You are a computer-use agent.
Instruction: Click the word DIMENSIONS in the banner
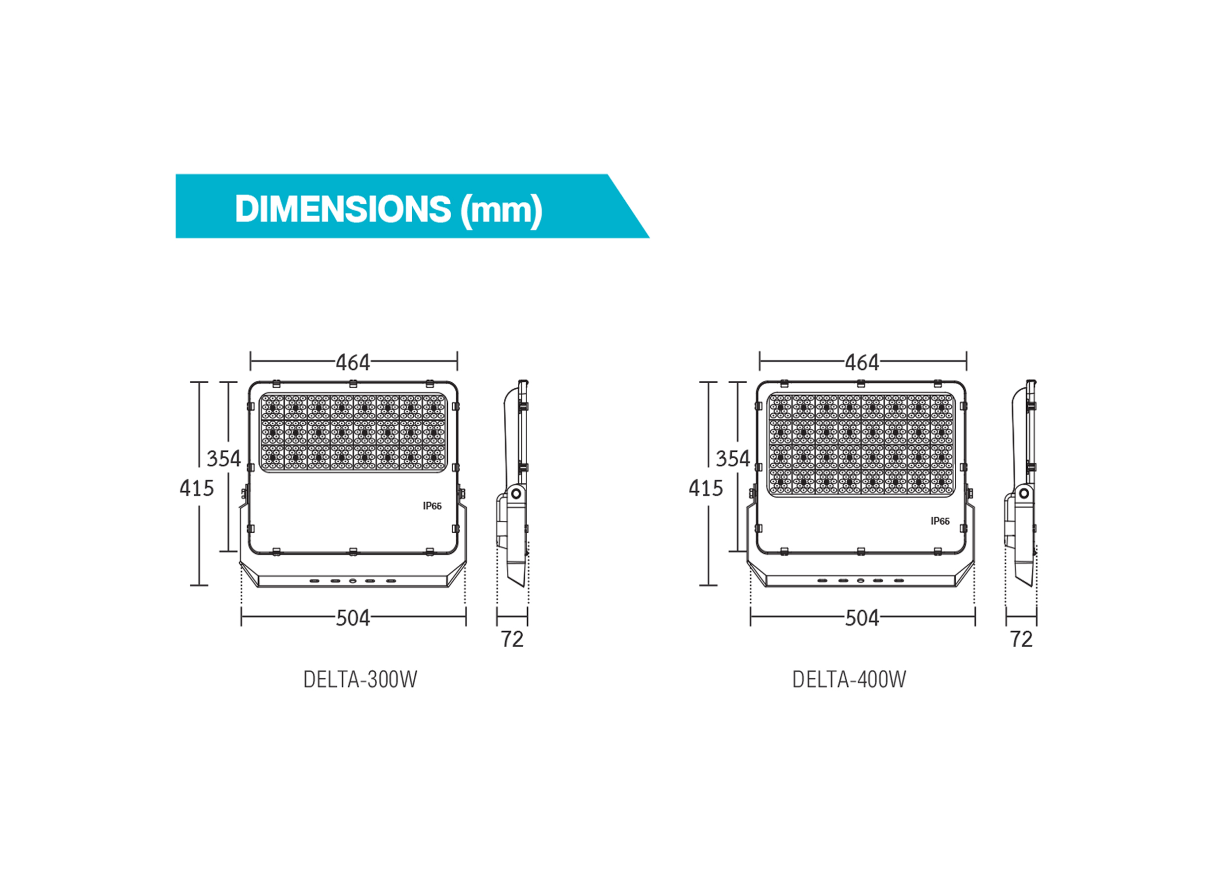342,209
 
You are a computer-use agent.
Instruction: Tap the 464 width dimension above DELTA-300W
353,363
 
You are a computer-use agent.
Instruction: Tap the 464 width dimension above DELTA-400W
862,363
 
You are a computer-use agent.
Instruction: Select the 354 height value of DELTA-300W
223,459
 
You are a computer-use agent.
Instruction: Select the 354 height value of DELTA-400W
732,459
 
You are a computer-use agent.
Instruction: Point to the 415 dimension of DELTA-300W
196,488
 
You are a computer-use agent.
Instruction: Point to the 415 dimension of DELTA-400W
705,488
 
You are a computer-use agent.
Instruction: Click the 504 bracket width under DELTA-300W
353,619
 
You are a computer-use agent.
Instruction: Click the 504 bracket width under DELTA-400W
862,619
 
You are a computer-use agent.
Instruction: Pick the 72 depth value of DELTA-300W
512,639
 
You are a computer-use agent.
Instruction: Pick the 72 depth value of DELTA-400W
1021,639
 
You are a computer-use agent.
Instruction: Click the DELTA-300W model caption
360,680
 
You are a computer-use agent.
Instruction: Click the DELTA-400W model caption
849,680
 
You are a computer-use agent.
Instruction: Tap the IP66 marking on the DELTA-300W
432,506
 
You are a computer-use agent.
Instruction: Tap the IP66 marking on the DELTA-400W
940,521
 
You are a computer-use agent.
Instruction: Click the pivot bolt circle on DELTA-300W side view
515,493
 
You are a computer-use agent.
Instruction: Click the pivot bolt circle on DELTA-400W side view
1024,493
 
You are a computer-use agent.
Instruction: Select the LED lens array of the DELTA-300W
353,433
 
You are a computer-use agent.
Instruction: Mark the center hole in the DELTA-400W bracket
861,581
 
